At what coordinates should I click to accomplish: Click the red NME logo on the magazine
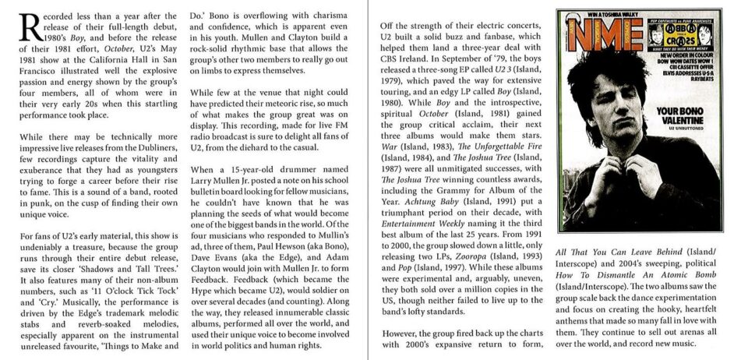coord(593,36)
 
